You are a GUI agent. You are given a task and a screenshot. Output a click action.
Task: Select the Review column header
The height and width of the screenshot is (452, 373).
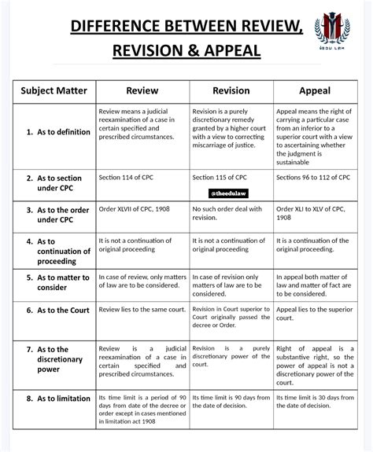click(x=142, y=90)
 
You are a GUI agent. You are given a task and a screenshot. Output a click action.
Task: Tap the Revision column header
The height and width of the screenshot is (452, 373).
click(x=231, y=90)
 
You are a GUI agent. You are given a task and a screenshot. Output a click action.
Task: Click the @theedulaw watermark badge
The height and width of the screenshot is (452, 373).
click(x=231, y=193)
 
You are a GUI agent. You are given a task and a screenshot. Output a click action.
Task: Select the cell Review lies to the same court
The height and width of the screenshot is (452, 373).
click(x=142, y=310)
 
